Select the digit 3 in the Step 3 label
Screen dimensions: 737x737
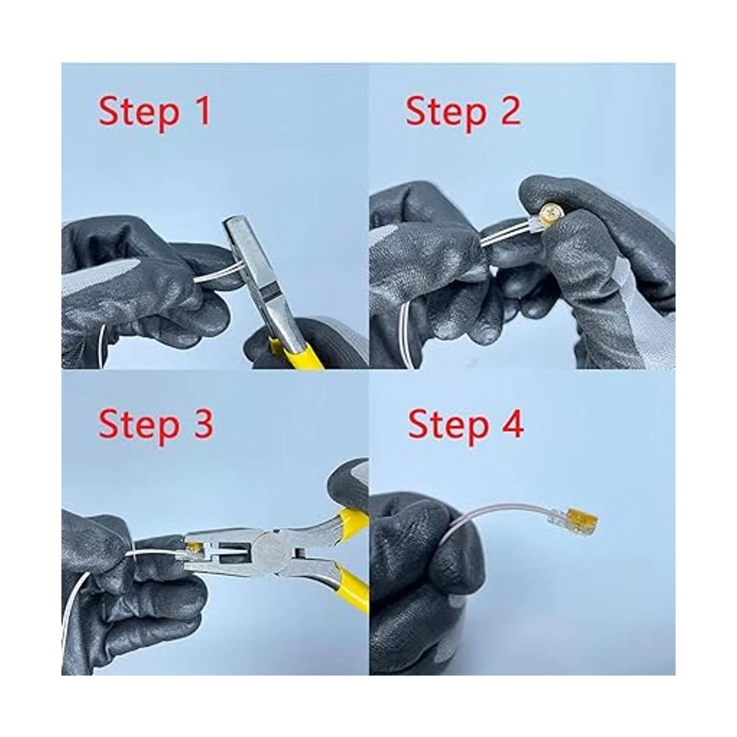(x=201, y=424)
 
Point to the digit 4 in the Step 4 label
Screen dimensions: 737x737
(x=512, y=424)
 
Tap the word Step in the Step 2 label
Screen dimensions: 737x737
(x=446, y=113)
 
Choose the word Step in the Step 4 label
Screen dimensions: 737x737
(x=448, y=427)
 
